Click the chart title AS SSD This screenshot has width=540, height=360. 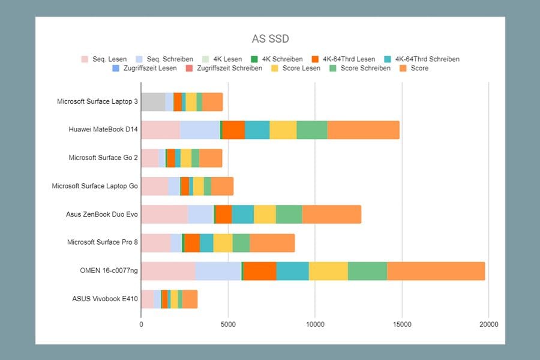point(271,38)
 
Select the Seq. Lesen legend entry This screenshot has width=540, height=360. point(104,59)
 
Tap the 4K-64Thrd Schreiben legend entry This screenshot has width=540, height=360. point(422,59)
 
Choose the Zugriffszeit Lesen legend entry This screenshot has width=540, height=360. point(145,68)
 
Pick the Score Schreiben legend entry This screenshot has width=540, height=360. point(360,68)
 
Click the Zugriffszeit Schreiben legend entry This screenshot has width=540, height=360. point(224,68)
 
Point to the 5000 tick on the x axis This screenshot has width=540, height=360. point(228,324)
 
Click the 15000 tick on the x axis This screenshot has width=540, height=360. point(402,324)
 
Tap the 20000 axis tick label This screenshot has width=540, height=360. point(488,324)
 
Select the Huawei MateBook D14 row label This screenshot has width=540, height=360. point(103,129)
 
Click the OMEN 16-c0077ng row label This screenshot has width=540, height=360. point(109,271)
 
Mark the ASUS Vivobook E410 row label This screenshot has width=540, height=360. point(105,299)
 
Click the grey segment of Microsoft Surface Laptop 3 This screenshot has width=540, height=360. point(153,102)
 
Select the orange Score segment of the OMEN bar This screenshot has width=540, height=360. point(436,271)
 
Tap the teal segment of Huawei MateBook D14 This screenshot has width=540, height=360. point(257,130)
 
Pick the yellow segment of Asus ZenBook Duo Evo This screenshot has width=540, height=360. point(265,214)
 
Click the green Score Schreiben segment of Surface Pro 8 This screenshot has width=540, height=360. point(241,243)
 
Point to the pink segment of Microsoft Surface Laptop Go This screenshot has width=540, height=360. point(155,187)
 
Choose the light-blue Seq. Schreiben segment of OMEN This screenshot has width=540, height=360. point(218,271)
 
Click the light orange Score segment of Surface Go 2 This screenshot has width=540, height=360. point(211,158)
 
